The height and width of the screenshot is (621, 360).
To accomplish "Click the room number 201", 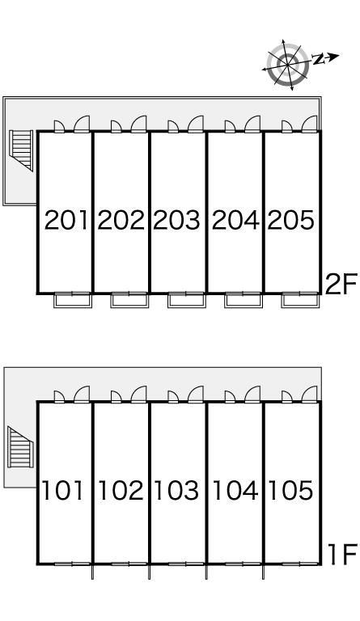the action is [66, 220].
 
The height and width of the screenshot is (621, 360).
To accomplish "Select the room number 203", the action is [176, 220].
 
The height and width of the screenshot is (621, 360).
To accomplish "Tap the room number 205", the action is [291, 220].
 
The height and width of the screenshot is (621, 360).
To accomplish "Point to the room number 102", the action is [121, 490].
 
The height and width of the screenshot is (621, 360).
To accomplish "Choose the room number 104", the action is [235, 490].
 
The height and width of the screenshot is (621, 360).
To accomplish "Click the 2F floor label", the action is [341, 284].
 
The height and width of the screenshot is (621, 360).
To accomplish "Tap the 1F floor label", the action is [343, 554].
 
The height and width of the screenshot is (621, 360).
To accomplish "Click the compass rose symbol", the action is [288, 65].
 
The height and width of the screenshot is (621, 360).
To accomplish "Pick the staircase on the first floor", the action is [20, 447].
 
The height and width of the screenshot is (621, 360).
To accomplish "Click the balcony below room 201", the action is [73, 300].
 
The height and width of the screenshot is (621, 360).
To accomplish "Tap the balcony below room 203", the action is [187, 300].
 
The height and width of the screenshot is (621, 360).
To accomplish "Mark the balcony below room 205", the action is [301, 300].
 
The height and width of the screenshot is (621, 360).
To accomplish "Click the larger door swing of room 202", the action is [138, 124].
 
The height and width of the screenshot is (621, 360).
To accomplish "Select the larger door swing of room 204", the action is [252, 124].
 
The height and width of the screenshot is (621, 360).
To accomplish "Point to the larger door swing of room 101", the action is [82, 394].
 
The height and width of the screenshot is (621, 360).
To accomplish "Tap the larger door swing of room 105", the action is [309, 394].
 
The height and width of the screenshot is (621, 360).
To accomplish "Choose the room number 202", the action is [121, 220].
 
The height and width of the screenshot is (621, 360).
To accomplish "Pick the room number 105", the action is [291, 490].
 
